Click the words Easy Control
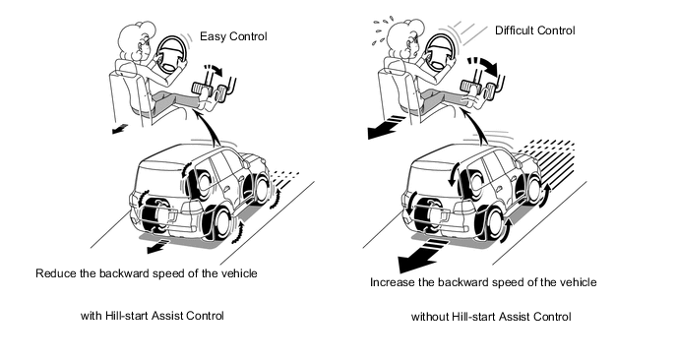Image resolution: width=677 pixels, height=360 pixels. tap(233, 36)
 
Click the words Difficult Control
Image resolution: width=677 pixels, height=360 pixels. tap(535, 30)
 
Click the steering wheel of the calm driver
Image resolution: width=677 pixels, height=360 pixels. tap(172, 53)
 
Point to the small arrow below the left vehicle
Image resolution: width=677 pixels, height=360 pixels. tap(156, 245)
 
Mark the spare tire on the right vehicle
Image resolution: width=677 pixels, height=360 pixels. tap(423, 212)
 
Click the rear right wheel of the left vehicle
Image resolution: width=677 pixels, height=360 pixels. tap(218, 222)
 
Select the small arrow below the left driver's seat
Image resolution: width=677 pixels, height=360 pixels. tap(120, 128)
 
